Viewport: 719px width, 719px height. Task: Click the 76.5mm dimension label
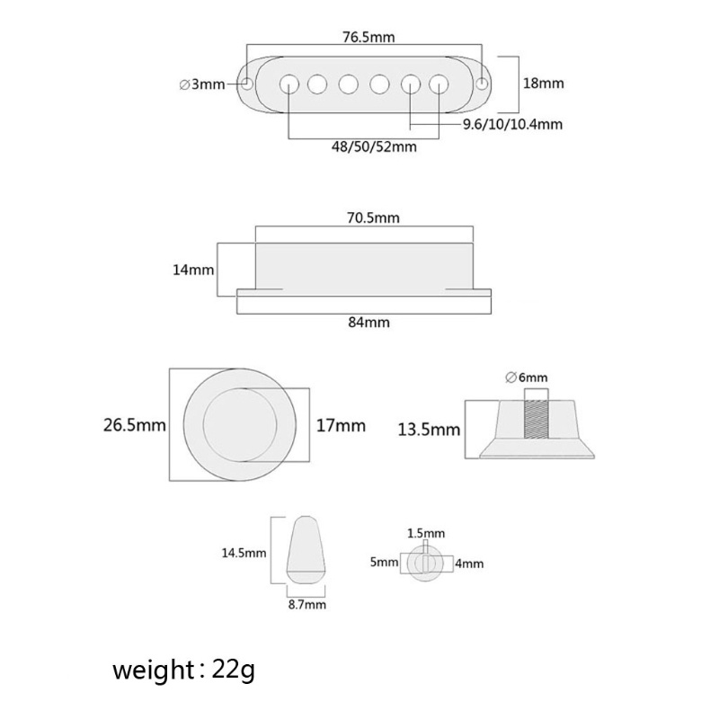(368, 37)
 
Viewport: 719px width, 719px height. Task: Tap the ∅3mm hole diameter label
(202, 84)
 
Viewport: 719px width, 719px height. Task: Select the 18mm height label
(544, 84)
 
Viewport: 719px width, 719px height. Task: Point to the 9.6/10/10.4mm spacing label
(512, 124)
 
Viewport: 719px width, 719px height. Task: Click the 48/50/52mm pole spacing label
(374, 146)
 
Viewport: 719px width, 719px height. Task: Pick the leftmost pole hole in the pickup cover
(288, 84)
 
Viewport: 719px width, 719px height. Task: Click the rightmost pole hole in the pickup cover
(439, 84)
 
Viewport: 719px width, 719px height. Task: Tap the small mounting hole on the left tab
(248, 84)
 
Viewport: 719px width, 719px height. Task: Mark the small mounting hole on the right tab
(483, 84)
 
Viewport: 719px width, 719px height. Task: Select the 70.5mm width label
(373, 217)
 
